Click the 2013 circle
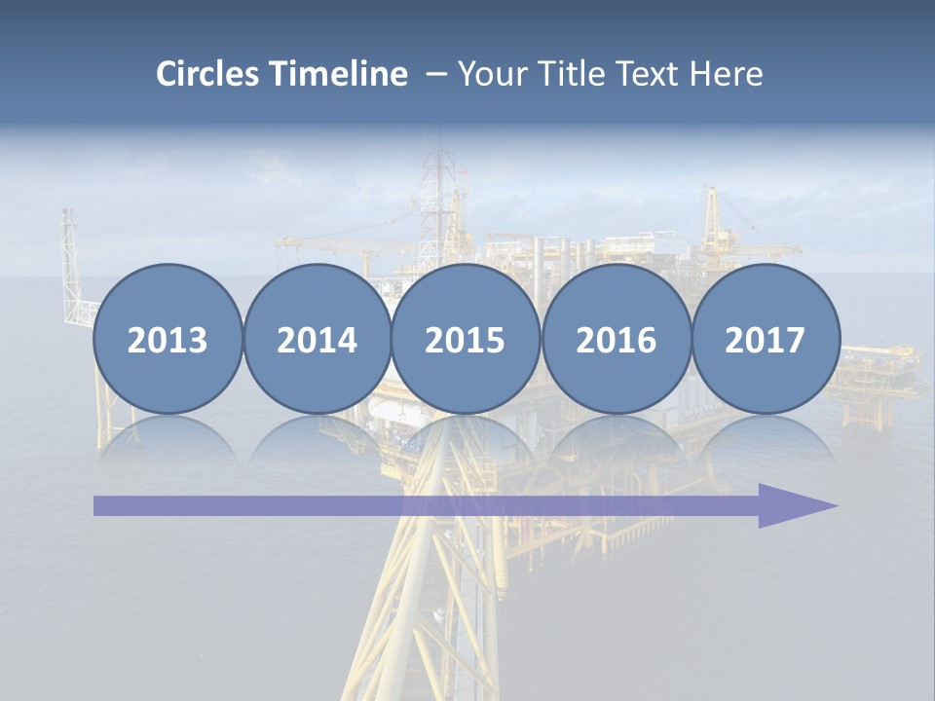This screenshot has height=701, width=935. pyautogui.click(x=168, y=340)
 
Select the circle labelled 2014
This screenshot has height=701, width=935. pyautogui.click(x=317, y=340)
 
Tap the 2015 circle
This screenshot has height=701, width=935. pyautogui.click(x=466, y=340)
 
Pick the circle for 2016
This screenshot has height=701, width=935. pyautogui.click(x=616, y=340)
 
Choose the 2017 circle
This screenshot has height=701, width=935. pyautogui.click(x=765, y=340)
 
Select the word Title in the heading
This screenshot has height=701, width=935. pyautogui.click(x=565, y=74)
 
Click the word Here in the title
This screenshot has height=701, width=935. pyautogui.click(x=726, y=74)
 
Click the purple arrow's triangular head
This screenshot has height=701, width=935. pyautogui.click(x=794, y=505)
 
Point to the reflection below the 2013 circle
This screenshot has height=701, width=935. pyautogui.click(x=168, y=440)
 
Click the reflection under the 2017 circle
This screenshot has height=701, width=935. pyautogui.click(x=765, y=440)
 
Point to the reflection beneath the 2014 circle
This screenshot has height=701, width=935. pyautogui.click(x=317, y=440)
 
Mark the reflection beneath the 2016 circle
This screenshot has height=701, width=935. pyautogui.click(x=616, y=440)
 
